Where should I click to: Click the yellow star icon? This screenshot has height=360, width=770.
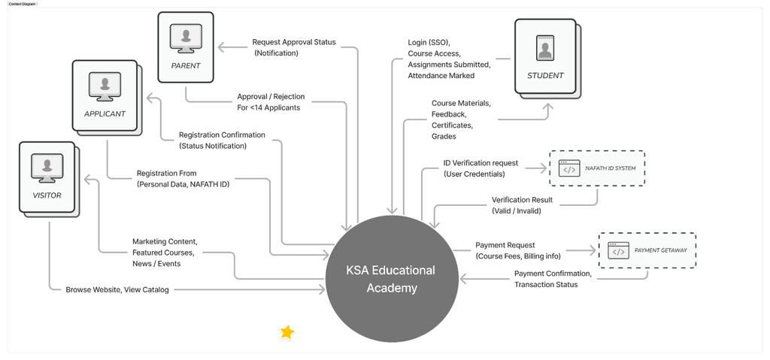coord(287,332)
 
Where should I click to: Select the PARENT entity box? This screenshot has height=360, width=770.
coord(185,46)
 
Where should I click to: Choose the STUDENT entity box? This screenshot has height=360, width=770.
coord(544,56)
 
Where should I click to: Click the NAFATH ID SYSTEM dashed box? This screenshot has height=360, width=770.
coord(597,169)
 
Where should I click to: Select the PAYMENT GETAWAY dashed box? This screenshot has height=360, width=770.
coord(647,250)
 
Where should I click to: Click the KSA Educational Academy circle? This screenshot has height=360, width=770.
coord(390,278)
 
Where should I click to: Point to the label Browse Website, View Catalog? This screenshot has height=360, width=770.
coord(117,289)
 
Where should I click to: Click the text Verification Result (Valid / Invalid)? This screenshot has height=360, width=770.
coord(522,205)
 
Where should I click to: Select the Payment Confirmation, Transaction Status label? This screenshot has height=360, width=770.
coord(553,279)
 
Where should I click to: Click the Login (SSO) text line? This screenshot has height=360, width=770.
coord(428,42)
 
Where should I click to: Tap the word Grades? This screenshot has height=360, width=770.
coord(444,137)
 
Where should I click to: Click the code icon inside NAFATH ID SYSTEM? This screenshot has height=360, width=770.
coord(569,169)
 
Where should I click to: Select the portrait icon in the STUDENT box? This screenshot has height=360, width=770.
coord(544,47)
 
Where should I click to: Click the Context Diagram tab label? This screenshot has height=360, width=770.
coord(22,4)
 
